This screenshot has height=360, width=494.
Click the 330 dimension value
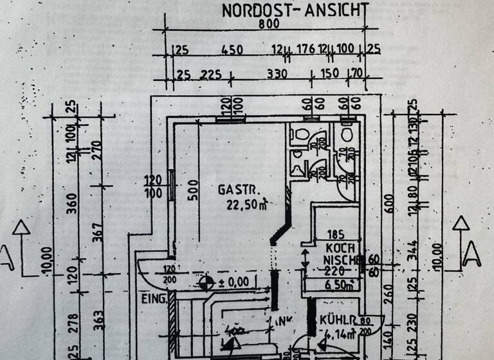277,74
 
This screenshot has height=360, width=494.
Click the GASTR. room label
239,190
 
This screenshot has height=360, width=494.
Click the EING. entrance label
154,299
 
